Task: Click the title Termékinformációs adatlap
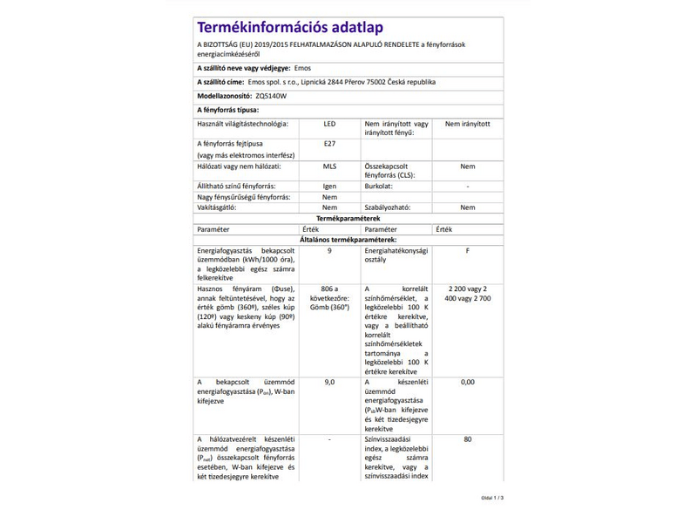(x=290, y=28)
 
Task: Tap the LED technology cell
(x=329, y=125)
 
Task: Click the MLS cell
(x=329, y=166)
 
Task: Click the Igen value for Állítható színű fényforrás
(x=329, y=187)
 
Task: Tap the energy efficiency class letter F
(x=468, y=250)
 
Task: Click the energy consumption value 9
(x=329, y=250)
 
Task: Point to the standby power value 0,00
(x=468, y=382)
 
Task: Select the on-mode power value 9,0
(x=329, y=382)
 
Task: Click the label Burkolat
(x=380, y=187)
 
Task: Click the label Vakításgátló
(x=218, y=207)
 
